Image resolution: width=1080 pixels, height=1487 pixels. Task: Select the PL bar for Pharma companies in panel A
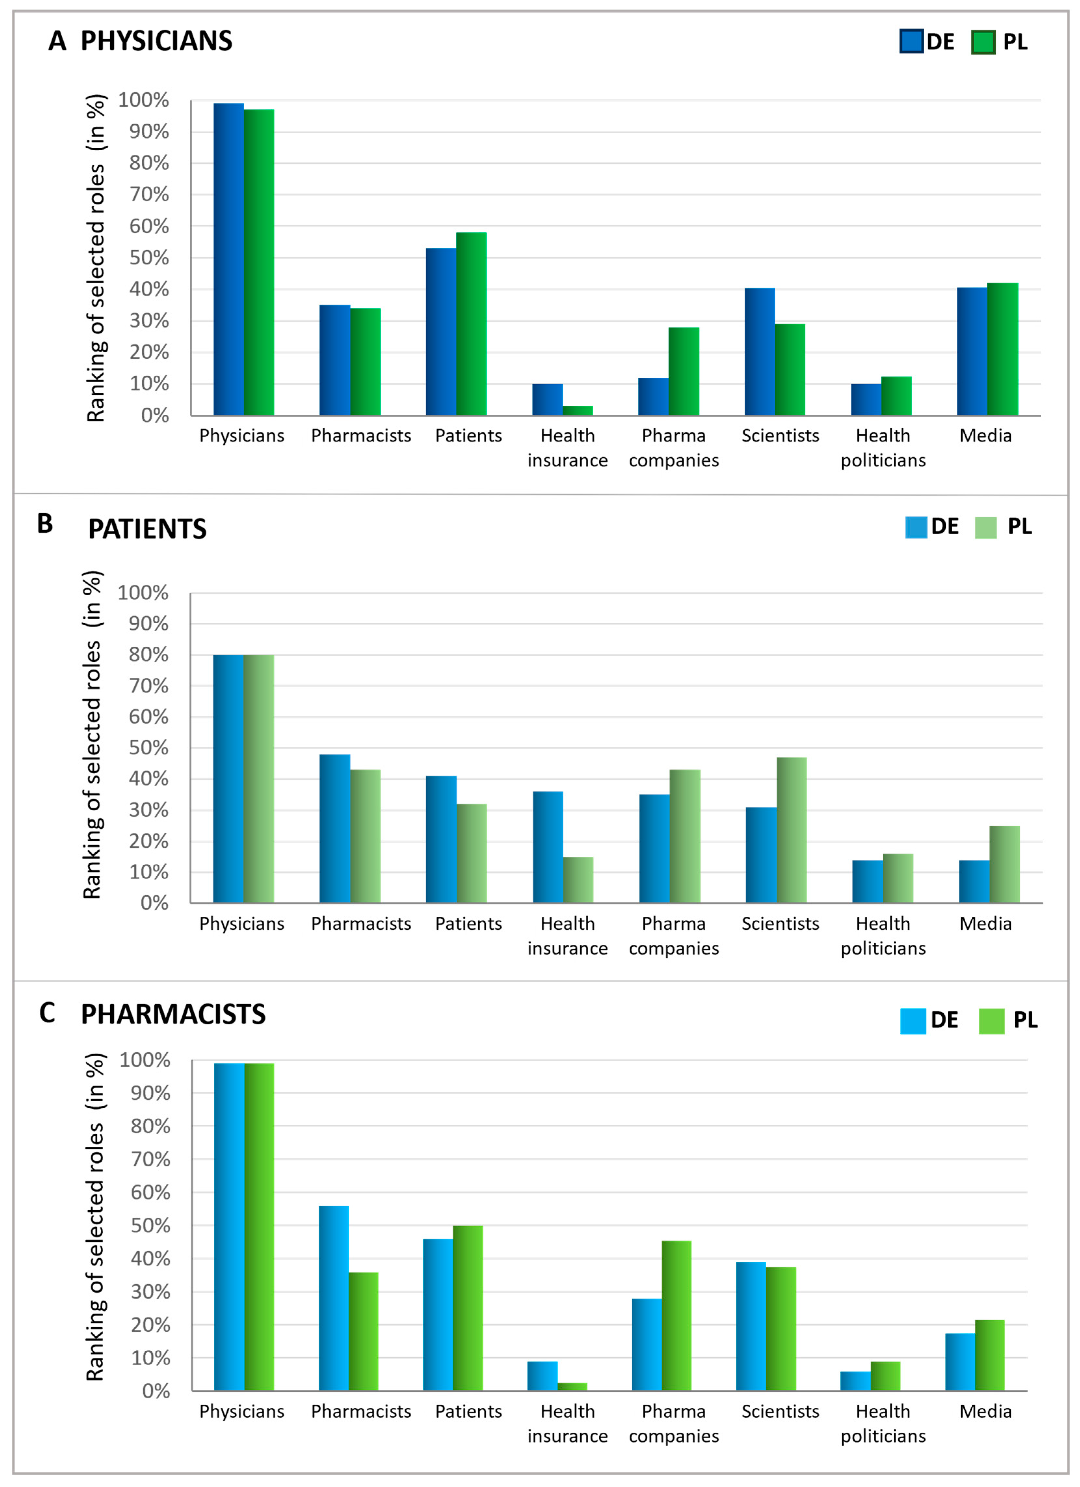click(683, 371)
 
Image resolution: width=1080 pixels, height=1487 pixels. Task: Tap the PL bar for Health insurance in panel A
click(577, 411)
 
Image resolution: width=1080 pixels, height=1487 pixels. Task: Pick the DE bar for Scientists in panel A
click(759, 351)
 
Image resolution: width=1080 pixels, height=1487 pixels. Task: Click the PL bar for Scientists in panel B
click(792, 830)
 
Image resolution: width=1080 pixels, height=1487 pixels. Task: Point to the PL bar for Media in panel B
click(1004, 864)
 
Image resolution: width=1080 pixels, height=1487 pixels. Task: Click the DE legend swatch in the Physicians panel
click(911, 41)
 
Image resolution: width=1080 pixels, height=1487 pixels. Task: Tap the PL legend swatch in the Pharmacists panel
click(991, 1021)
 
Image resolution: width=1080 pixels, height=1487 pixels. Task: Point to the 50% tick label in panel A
click(149, 258)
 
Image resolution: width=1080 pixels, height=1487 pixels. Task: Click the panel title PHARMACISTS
click(173, 1014)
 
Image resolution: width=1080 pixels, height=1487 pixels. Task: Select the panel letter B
click(45, 524)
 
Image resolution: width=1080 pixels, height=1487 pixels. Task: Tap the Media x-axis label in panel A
click(985, 435)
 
